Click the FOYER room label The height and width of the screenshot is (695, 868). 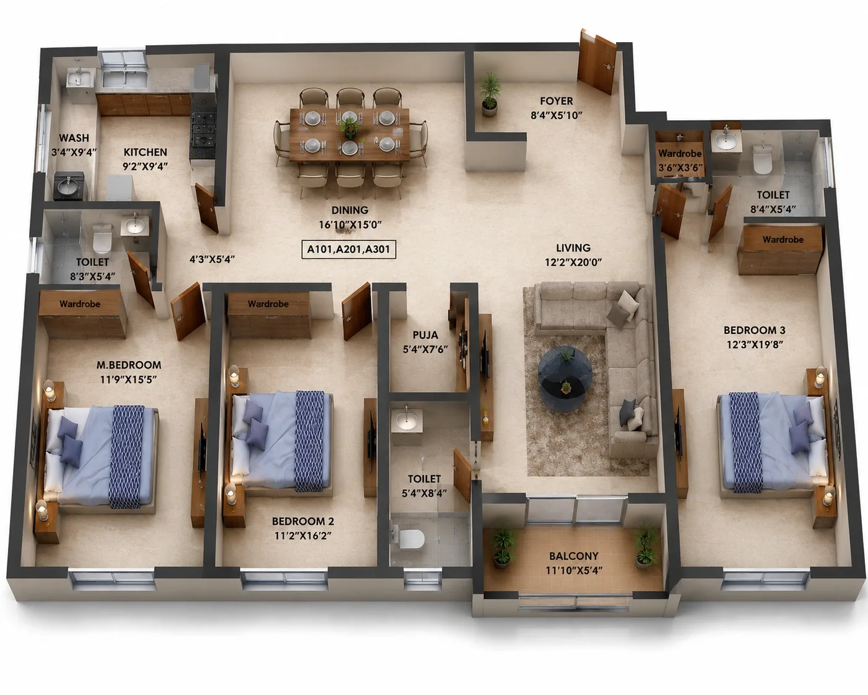coord(556,101)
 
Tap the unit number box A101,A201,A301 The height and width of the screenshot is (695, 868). coord(349,250)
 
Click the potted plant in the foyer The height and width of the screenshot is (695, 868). coord(489,94)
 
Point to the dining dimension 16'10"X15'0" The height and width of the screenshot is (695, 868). coord(350,225)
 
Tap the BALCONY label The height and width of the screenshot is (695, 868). coord(573,556)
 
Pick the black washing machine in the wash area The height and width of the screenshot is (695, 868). coord(69,186)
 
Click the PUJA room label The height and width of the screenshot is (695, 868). coord(425,335)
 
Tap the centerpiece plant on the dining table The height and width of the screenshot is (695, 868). coord(349,126)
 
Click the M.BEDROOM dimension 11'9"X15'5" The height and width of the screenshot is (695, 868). coord(128,380)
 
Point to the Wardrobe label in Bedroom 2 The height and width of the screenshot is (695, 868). coord(268,304)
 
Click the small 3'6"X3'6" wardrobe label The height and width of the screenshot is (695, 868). coord(680,167)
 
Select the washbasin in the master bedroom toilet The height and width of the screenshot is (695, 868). coord(135,226)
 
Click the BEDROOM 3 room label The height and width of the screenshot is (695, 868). coord(754,330)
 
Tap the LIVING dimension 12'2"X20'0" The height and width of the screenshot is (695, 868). coord(573,263)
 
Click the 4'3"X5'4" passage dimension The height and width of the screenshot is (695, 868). coord(212,259)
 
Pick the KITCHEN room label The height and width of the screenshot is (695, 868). coord(145,152)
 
